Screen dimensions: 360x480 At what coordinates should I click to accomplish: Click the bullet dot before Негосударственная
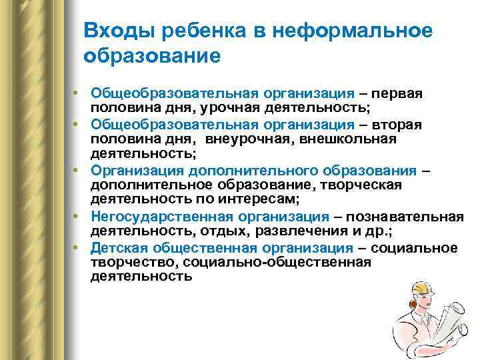[x=77, y=217]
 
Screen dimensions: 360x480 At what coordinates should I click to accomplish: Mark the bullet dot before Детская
[x=77, y=247]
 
